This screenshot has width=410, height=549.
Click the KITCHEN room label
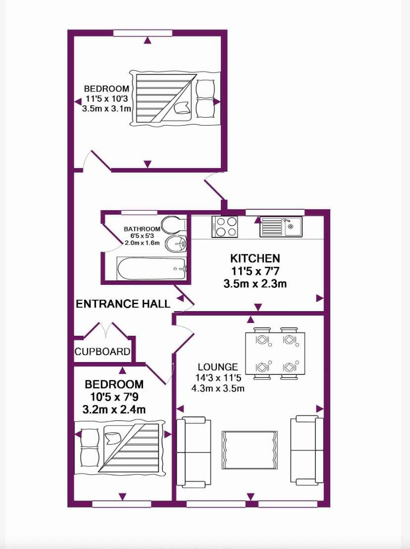click(255, 258)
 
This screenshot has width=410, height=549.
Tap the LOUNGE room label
click(218, 367)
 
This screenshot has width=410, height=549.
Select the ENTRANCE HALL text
click(123, 304)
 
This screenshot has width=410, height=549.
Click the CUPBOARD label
click(102, 352)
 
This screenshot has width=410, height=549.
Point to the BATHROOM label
click(142, 229)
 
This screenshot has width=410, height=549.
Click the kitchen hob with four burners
click(225, 227)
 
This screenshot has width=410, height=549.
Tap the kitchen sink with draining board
click(281, 227)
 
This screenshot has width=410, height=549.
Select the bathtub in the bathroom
click(151, 269)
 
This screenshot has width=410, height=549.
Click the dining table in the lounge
click(275, 354)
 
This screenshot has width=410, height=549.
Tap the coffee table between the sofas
click(249, 450)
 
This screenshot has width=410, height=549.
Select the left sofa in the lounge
click(194, 452)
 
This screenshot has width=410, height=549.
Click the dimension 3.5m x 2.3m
click(255, 284)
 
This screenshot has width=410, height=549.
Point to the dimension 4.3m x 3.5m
click(218, 388)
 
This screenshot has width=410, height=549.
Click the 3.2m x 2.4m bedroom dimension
click(114, 409)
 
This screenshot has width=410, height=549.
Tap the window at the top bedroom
click(143, 33)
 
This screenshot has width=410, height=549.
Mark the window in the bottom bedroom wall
click(122, 504)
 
